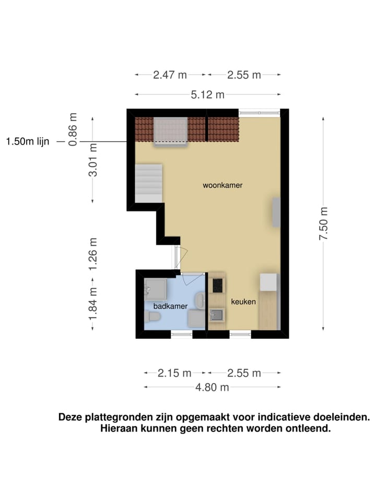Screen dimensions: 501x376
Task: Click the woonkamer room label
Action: [223, 185]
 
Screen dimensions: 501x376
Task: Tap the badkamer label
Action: [170, 306]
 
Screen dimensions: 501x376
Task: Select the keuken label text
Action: [243, 302]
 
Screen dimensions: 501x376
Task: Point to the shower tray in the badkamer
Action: [156, 288]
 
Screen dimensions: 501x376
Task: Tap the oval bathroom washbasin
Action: [200, 301]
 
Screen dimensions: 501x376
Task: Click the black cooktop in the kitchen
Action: [216, 285]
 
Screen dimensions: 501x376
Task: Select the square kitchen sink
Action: [216, 315]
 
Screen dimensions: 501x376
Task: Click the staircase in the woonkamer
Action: [149, 183]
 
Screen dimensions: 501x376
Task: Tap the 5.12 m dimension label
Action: [208, 94]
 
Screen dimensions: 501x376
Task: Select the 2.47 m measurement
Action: [170, 75]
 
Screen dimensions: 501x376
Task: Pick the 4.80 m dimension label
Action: [213, 387]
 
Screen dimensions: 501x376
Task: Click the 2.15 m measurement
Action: [174, 373]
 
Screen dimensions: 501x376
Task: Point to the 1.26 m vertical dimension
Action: [93, 254]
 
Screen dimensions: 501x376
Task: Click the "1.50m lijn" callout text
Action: [28, 141]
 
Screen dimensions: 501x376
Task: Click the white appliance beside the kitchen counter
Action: [268, 282]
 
